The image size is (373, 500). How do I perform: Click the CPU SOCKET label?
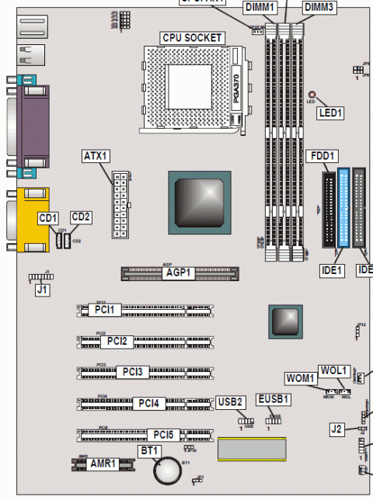tap(192, 37)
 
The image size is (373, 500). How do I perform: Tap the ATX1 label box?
tap(94, 156)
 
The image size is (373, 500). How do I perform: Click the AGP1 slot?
tap(178, 273)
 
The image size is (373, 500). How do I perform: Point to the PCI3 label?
tap(132, 372)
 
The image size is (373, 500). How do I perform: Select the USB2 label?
tap(232, 401)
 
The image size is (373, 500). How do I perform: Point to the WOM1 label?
tap(301, 378)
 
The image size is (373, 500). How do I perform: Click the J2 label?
tap(336, 428)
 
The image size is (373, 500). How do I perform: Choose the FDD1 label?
tap(322, 155)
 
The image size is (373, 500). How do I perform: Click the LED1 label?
tap(330, 113)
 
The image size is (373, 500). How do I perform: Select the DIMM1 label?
tap(260, 8)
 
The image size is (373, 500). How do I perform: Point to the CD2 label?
tap(82, 216)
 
